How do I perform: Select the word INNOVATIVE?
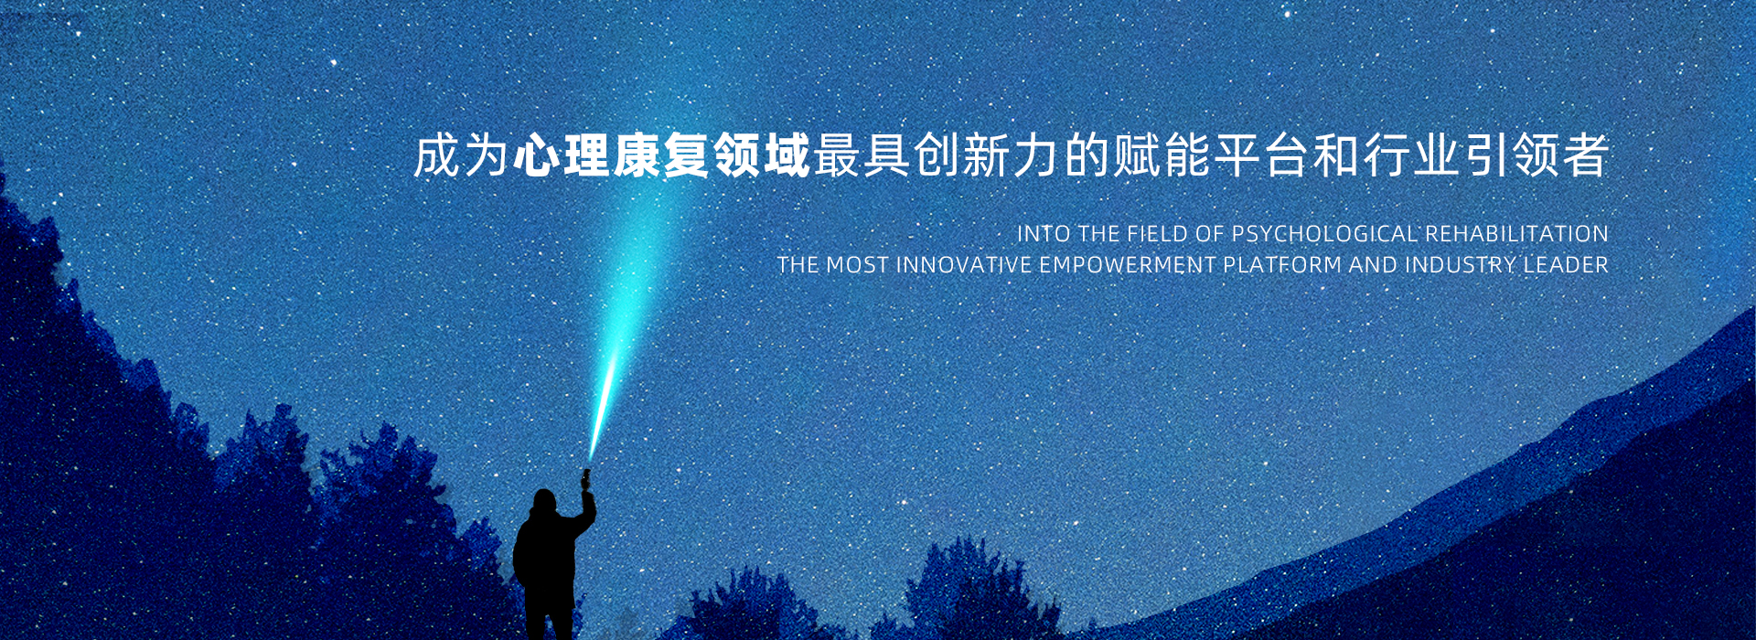[x=964, y=265]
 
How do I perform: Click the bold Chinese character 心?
[x=537, y=155]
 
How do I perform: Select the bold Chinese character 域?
[x=787, y=155]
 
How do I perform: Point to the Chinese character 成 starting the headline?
[x=436, y=155]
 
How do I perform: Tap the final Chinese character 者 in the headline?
[x=1585, y=155]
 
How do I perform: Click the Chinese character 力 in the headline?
[x=1036, y=155]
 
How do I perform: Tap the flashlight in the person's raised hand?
[x=586, y=477]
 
